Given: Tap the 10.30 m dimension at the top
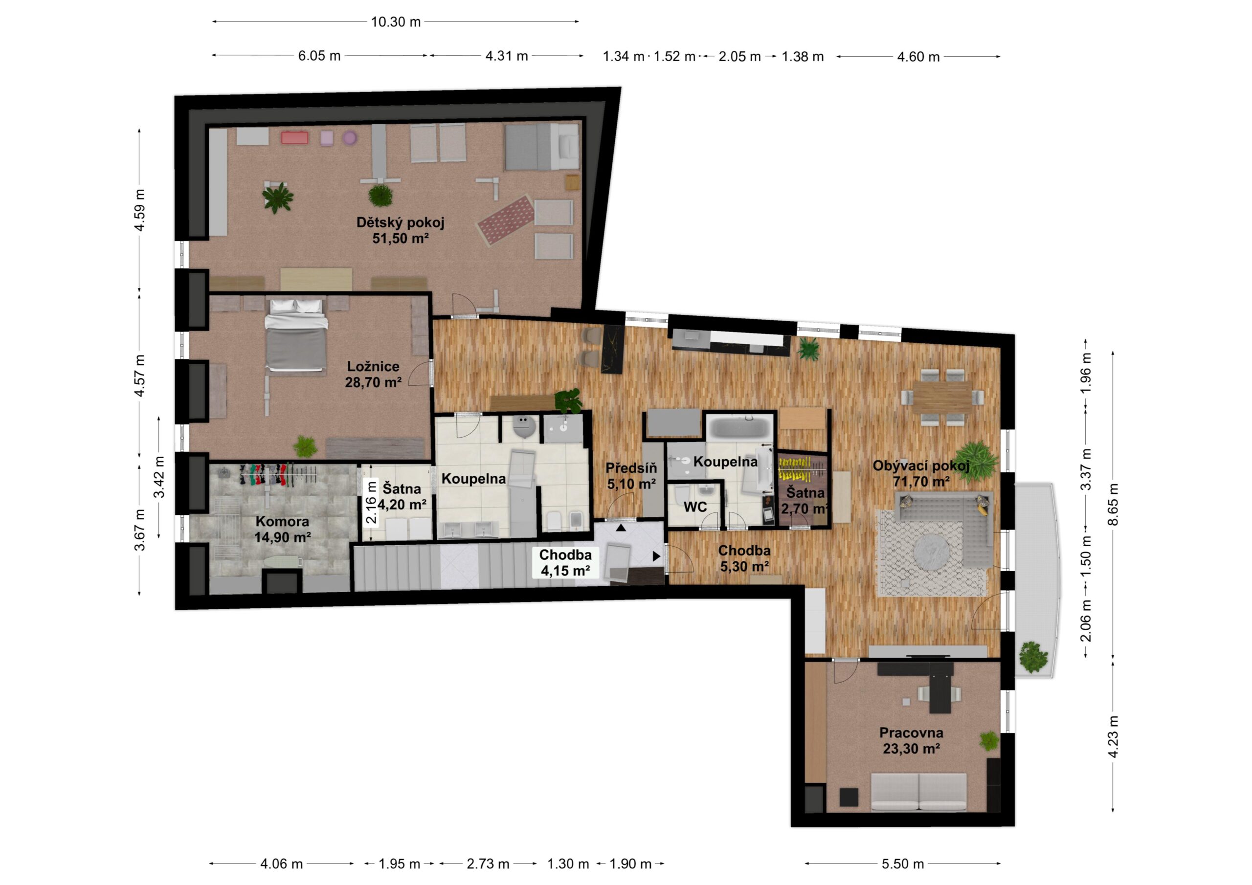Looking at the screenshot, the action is [x=396, y=22].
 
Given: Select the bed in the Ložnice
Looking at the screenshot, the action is [x=295, y=335].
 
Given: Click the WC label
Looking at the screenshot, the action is [x=695, y=507].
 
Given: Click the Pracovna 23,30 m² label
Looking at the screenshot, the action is [x=911, y=740].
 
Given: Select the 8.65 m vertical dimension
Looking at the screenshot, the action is [x=1113, y=505].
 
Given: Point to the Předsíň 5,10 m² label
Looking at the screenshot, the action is [x=631, y=475].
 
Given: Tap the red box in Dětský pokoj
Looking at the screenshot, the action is [x=294, y=138].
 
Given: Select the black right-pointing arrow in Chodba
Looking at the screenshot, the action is [x=656, y=556].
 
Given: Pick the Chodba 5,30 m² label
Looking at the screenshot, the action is [x=744, y=559].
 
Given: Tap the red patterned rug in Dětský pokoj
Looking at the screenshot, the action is [x=506, y=221].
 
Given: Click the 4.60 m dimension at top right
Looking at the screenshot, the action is [x=919, y=57].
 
